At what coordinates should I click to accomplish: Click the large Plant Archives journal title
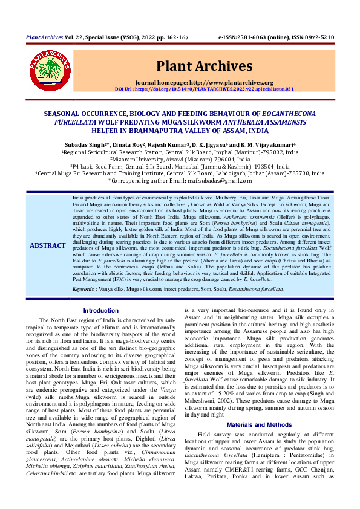point(204,65)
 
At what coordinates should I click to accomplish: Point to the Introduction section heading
point(100,310)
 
